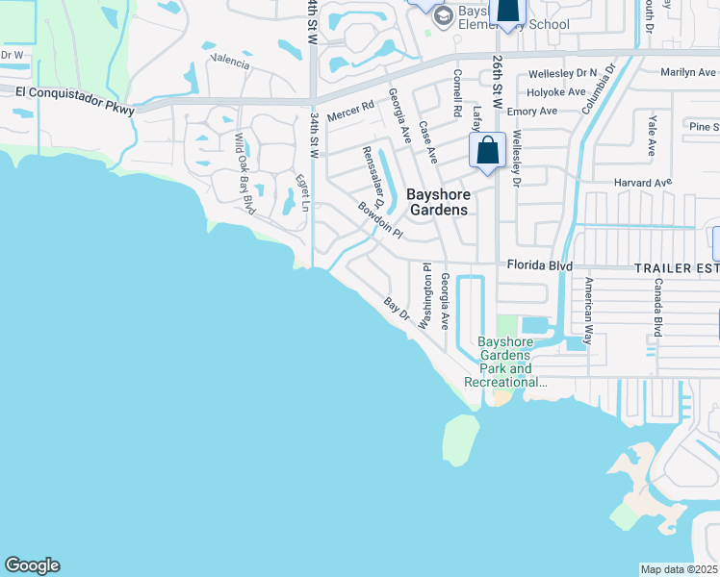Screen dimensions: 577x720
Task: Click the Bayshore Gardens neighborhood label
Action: (437, 201)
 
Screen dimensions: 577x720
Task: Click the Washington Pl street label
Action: (424, 297)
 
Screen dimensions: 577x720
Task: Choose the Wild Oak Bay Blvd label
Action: (244, 173)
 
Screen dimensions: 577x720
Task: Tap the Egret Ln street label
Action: (303, 192)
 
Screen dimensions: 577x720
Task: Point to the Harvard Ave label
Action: (642, 182)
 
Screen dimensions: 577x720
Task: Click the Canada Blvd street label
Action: (658, 308)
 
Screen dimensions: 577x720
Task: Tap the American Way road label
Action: (589, 306)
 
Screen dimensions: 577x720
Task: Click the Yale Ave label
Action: (652, 135)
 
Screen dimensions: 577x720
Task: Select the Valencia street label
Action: (230, 63)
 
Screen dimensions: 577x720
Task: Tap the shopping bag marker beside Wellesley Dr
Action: (487, 151)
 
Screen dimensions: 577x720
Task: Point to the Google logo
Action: (32, 565)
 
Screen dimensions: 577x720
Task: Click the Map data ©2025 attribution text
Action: (679, 569)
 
